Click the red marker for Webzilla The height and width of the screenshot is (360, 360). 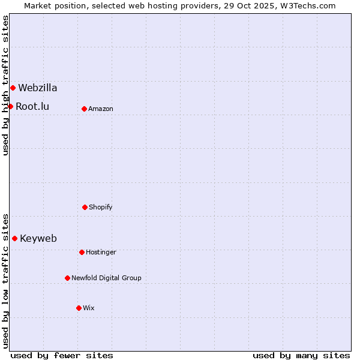[x=13, y=88]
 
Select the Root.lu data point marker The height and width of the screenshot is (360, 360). [x=10, y=106]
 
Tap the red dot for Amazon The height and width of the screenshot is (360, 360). [x=84, y=109]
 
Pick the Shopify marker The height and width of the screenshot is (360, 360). [x=85, y=207]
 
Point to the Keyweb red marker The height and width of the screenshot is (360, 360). [x=14, y=238]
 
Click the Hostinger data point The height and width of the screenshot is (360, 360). [x=82, y=252]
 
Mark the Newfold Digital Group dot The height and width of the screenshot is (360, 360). [x=67, y=278]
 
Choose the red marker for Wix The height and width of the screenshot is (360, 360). [x=79, y=308]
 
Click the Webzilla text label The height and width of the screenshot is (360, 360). [x=38, y=88]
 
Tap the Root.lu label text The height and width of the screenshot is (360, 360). [x=32, y=106]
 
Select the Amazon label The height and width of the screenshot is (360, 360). [x=101, y=109]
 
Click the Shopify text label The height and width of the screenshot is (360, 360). [x=101, y=207]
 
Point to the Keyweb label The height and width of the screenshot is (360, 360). [x=38, y=238]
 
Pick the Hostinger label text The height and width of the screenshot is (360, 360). [x=101, y=252]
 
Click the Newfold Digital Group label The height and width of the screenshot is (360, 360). [x=106, y=278]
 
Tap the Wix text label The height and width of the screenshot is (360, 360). [x=89, y=308]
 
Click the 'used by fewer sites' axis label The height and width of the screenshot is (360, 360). [x=62, y=355]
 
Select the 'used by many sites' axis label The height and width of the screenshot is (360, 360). [x=301, y=355]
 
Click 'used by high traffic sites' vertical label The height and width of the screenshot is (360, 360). [x=5, y=85]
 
